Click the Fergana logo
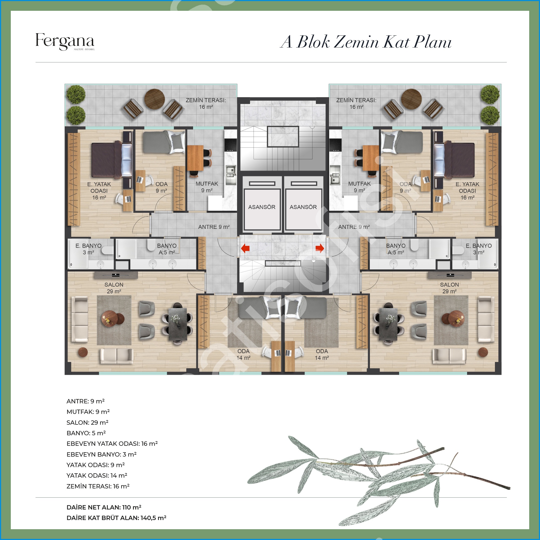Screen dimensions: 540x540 65,42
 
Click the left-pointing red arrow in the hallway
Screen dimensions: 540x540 245,248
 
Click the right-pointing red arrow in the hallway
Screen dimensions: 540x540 320,248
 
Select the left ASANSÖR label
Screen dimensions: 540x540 262,207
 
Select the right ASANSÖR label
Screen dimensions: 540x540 303,207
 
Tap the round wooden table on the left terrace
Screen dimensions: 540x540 154,99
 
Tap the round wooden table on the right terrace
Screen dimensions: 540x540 411,99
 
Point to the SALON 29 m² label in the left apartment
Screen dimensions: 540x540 114,288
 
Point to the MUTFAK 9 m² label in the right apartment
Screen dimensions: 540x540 359,187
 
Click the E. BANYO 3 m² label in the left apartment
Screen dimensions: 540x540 88,249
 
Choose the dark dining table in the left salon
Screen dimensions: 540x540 178,324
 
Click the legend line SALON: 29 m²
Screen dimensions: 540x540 87,422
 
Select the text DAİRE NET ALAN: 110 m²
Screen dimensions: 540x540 104,507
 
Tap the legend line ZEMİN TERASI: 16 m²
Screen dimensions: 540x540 98,486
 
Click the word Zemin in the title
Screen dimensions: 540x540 356,42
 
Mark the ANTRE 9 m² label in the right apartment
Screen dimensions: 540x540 354,227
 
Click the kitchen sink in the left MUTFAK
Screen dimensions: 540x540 231,175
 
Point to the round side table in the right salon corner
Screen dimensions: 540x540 483,352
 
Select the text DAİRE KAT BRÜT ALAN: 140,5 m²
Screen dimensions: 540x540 117,518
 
